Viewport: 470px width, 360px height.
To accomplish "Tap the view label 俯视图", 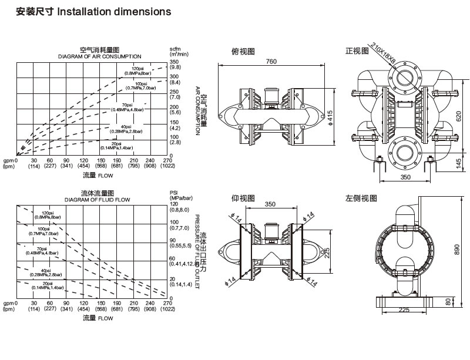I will pyautogui.click(x=244, y=52).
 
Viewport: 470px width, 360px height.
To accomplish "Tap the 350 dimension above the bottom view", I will pyautogui.click(x=270, y=205).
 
